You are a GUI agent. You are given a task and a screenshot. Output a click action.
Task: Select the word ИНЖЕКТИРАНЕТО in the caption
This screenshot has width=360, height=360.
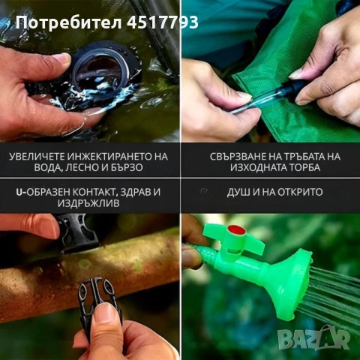pyautogui.click(x=112, y=157)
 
